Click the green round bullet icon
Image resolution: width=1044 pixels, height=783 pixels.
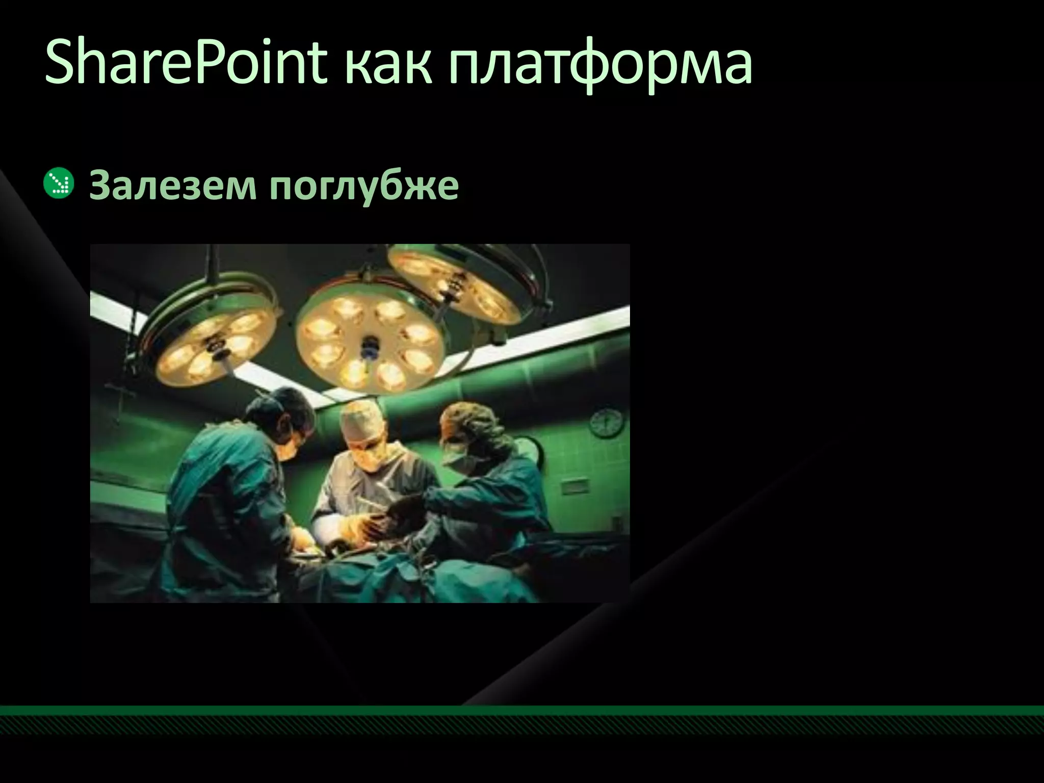point(59,184)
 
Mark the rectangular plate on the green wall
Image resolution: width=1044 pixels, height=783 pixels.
point(576,486)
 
